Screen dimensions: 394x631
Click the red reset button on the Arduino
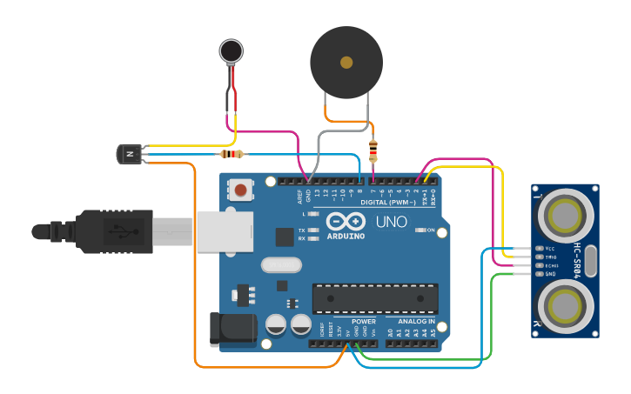(241, 189)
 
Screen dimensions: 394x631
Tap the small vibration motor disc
(231, 51)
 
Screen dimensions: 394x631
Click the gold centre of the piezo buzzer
(346, 63)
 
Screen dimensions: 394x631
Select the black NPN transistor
(129, 154)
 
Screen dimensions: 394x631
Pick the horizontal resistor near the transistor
(231, 154)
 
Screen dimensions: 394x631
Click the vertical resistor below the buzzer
(373, 150)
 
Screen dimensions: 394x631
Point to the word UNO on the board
(391, 222)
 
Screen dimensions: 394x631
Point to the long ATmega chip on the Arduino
(375, 298)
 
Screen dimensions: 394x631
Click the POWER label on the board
(364, 322)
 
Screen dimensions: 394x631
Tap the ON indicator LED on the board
(418, 230)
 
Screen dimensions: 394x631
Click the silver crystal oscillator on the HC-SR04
(591, 260)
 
